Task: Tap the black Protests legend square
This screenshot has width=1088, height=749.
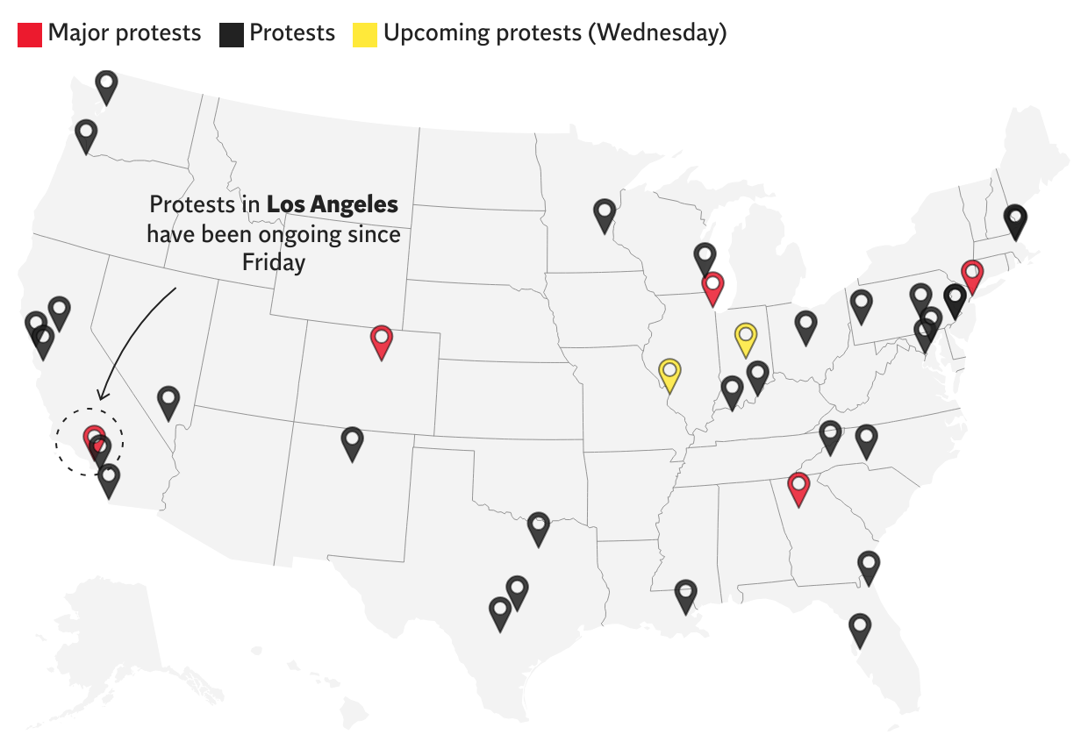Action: point(232,35)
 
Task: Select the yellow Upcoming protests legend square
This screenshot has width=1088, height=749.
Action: point(365,35)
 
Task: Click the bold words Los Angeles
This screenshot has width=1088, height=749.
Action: point(332,205)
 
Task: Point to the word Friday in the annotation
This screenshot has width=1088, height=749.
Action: point(274,263)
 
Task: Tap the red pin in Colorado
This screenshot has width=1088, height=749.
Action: point(381,339)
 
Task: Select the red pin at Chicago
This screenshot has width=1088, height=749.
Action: point(712,287)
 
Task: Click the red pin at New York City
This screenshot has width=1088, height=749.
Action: point(970,275)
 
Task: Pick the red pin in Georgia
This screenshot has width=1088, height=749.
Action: point(798,487)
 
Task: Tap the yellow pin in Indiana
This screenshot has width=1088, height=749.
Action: point(745,338)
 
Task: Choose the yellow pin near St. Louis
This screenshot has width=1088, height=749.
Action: point(669,373)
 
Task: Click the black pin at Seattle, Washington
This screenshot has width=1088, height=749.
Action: point(106,87)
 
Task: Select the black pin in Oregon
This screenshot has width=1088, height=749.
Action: point(85,135)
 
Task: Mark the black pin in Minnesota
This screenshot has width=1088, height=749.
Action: point(604,213)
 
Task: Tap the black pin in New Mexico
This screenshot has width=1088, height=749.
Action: point(352,442)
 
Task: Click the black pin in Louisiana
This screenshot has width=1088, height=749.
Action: point(685,595)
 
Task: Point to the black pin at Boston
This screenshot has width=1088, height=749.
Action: point(1014,219)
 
